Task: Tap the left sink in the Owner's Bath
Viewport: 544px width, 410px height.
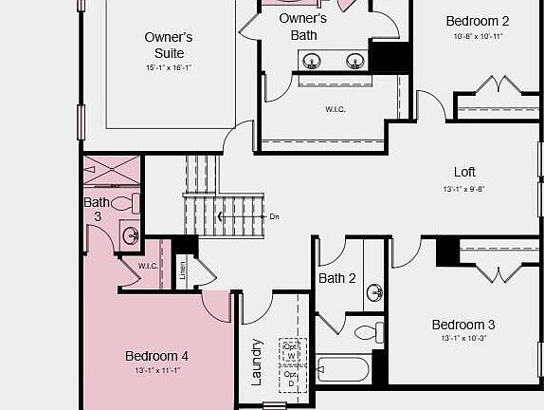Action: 311,63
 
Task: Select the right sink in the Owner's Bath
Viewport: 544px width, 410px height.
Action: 355,63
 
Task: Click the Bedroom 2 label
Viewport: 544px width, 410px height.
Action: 478,21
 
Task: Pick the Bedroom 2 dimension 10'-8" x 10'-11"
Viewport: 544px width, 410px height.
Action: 478,37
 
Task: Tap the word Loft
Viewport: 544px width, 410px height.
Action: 464,172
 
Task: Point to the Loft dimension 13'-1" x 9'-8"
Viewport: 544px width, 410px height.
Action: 464,189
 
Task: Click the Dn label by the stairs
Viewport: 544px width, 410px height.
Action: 275,217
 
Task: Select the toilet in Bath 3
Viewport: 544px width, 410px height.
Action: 125,202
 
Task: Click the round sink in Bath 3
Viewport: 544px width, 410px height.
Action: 131,234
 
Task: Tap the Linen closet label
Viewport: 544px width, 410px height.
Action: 183,271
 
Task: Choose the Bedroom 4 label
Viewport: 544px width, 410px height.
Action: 157,356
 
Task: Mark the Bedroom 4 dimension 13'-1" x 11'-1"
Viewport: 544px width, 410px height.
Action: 157,370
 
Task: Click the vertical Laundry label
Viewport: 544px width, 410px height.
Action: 256,362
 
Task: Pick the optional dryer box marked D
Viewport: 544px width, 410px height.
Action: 291,379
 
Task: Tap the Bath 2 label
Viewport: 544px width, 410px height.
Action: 336,278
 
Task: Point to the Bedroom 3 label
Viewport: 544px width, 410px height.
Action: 463,325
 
